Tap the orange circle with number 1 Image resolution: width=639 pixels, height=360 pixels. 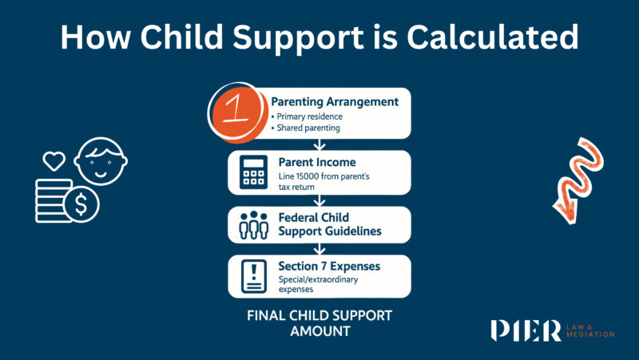tap(238, 112)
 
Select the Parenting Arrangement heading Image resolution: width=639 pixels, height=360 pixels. tap(335, 102)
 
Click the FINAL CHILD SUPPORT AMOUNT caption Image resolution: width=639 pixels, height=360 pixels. tap(319, 322)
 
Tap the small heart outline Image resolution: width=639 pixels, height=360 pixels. tap(54, 160)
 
